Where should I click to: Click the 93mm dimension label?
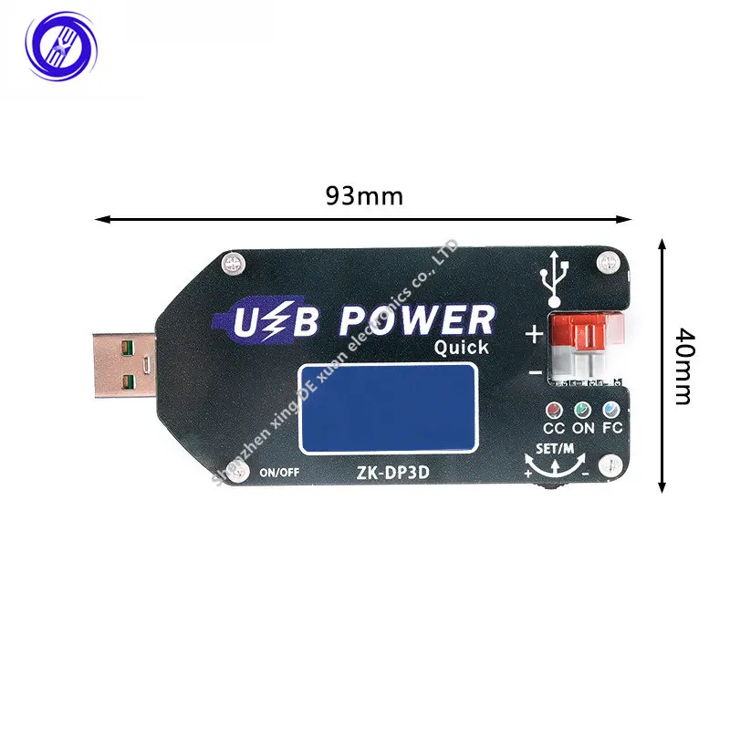point(364,197)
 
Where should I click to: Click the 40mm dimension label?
point(683,365)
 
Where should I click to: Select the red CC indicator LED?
point(553,411)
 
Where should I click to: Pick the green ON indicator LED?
point(581,411)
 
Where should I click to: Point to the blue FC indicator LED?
point(610,411)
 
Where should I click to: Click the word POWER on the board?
point(417,321)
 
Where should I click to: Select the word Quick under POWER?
point(461,348)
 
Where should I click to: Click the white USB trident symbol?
point(554,279)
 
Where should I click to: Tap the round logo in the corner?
point(60,43)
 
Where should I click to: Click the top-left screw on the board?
point(233,265)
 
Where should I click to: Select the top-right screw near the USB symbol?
point(603,265)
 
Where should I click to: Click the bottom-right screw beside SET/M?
point(604,465)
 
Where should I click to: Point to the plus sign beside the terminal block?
point(534,334)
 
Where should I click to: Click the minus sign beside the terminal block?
point(534,373)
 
